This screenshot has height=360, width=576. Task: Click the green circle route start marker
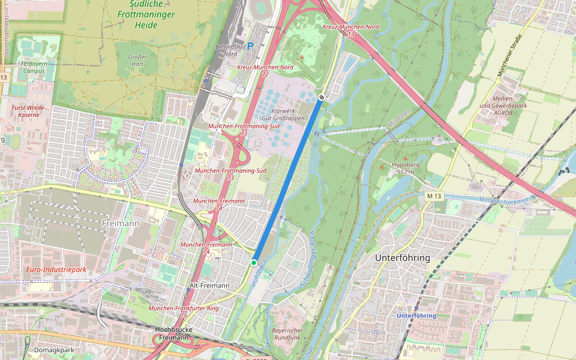pos(254,263)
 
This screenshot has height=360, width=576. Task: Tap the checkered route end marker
pos(322,97)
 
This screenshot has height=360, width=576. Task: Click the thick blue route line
pos(288,180)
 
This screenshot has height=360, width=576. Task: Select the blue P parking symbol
pos(251,46)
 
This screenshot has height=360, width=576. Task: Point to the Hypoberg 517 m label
pos(402,167)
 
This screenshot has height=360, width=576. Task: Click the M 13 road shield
pos(434,196)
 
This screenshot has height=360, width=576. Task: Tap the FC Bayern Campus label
pos(33,67)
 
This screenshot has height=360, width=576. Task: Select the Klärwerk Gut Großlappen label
pos(288,115)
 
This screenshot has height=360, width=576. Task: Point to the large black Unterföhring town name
pos(402,257)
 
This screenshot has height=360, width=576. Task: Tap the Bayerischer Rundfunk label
pos(288,334)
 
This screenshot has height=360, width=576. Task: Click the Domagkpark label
pos(54,350)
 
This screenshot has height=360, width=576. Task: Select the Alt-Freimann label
pos(209,286)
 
